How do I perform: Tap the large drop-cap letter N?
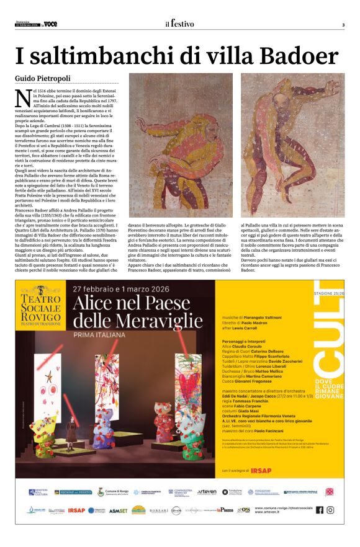coord(23,99)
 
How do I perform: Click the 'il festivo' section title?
coord(179,24)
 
